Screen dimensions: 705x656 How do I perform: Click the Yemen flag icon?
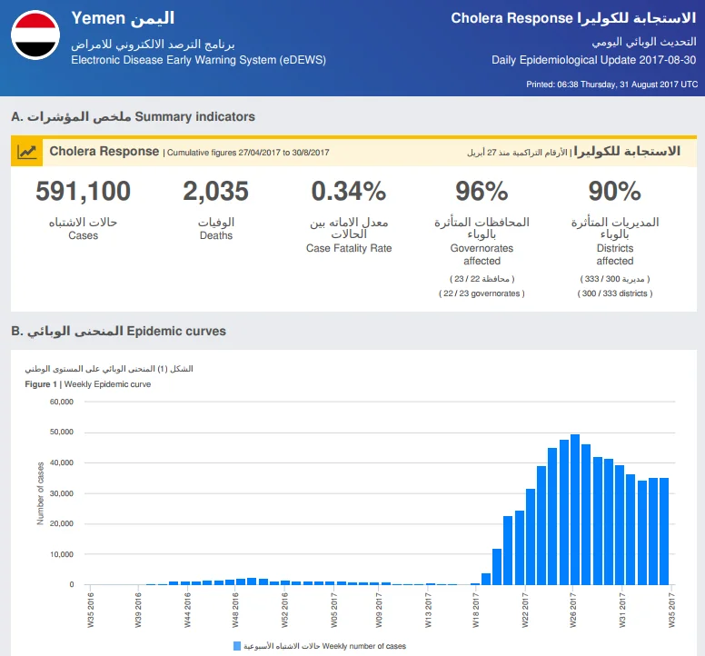35,35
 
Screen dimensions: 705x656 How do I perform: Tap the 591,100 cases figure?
84,191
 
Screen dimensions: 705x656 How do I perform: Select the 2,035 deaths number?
216,191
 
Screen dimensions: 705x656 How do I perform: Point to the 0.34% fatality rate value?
349,191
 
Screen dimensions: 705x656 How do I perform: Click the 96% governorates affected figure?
482,191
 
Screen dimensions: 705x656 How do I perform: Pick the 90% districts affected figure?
615,191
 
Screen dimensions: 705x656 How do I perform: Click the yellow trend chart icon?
27,152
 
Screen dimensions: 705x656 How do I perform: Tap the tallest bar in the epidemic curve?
574,510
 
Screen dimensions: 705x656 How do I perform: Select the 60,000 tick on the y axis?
62,402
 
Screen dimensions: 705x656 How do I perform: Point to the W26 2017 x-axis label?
572,611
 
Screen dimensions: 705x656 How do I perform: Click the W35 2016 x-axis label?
90,611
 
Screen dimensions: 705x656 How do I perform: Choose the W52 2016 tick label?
284,611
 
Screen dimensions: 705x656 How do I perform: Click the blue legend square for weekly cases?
237,646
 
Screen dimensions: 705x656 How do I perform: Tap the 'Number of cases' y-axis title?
41,493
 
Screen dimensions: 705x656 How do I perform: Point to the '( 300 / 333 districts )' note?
615,293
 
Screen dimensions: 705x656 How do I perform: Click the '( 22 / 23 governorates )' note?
482,293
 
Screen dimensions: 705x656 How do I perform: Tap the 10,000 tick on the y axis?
62,554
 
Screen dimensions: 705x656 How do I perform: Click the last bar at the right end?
664,531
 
